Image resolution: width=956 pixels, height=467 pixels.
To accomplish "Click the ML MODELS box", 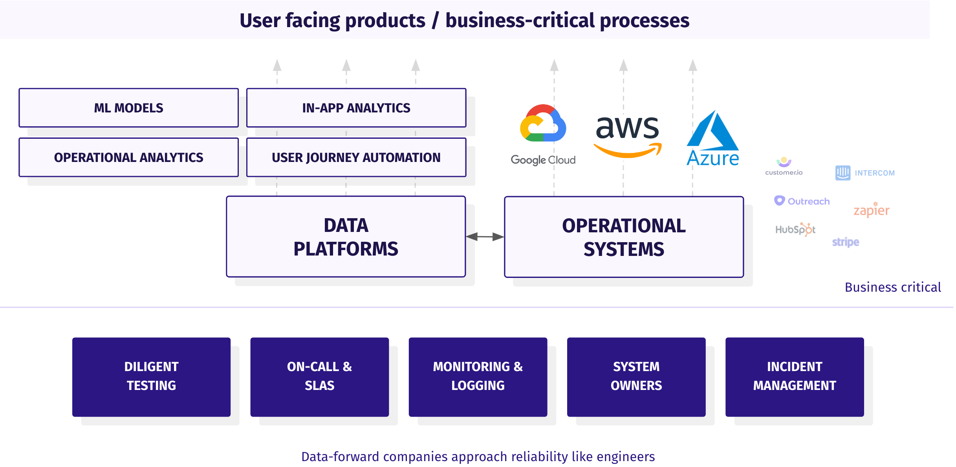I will pyautogui.click(x=128, y=108).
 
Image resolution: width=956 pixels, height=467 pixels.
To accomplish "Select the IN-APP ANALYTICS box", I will pyautogui.click(x=356, y=108).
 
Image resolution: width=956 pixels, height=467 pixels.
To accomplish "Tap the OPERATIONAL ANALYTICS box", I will pyautogui.click(x=128, y=157).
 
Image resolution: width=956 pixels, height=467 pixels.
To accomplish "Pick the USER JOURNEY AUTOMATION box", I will pyautogui.click(x=356, y=157).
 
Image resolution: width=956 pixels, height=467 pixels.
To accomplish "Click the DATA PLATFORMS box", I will pyautogui.click(x=346, y=237).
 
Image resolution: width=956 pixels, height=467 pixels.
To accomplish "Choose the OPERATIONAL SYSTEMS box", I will pyautogui.click(x=624, y=237).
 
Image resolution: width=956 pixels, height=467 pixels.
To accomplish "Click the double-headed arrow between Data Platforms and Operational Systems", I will pyautogui.click(x=485, y=237).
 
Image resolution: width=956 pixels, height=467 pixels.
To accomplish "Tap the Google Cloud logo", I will pyautogui.click(x=543, y=134).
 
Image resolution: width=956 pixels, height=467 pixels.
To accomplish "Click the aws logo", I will pyautogui.click(x=627, y=136).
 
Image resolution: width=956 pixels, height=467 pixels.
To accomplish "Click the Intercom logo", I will pyautogui.click(x=865, y=173).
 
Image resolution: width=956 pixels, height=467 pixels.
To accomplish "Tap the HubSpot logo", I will pyautogui.click(x=795, y=229).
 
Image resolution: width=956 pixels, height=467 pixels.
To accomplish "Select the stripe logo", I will pyautogui.click(x=845, y=242).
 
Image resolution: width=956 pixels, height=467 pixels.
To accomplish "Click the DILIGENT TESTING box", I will pyautogui.click(x=151, y=377).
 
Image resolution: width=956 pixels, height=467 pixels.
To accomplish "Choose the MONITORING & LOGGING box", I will pyautogui.click(x=478, y=377).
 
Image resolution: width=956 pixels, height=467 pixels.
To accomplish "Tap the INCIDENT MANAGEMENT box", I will pyautogui.click(x=794, y=377).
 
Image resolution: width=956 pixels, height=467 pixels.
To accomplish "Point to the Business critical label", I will pyautogui.click(x=893, y=287).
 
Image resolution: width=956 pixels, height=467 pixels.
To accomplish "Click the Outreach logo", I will pyautogui.click(x=802, y=201).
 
